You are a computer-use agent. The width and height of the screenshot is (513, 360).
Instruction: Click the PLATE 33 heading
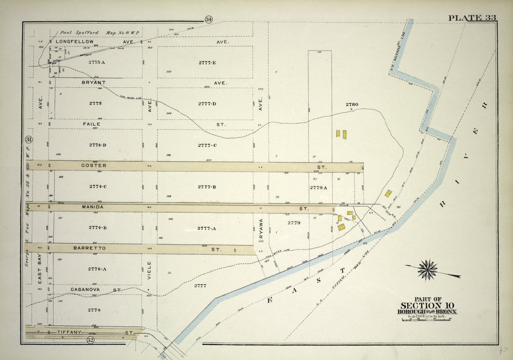471,18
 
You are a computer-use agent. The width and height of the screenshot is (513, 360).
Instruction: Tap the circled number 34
208,20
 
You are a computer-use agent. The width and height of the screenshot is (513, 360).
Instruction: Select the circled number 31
29,139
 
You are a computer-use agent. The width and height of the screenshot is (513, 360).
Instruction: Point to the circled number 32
90,340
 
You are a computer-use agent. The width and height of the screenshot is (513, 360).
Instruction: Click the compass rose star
427,270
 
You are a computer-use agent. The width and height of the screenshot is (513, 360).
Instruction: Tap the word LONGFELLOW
75,42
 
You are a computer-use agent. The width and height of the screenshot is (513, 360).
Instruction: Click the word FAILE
92,124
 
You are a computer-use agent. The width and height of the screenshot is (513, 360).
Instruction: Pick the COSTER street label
94,165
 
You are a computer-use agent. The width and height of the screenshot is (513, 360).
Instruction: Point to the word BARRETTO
88,248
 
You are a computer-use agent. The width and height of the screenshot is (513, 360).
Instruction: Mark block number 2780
352,104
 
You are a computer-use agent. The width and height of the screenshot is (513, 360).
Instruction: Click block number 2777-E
207,63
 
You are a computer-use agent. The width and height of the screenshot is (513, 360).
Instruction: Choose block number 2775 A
97,62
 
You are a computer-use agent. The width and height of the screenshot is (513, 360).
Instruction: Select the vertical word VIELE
149,270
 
